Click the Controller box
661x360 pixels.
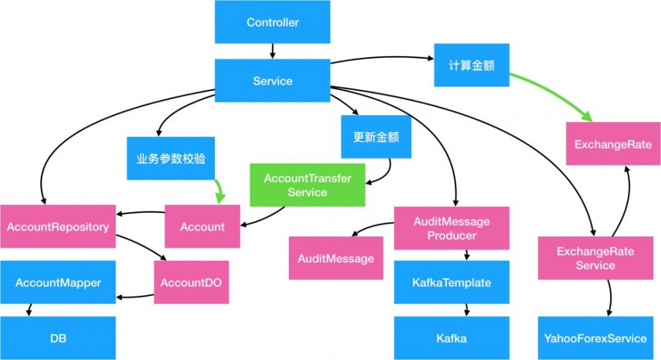[x=272, y=22]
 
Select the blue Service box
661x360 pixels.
[x=272, y=81]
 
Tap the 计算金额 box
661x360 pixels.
[x=471, y=65]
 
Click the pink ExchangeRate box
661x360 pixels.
[x=613, y=145]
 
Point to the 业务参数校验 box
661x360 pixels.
[x=171, y=159]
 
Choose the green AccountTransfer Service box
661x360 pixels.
[x=307, y=185]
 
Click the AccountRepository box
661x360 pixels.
[x=58, y=227]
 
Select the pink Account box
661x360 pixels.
[x=202, y=227]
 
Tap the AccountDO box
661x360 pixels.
[x=191, y=282]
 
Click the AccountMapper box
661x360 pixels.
[x=58, y=283]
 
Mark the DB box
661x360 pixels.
[x=58, y=338]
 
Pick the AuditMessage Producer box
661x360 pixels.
[x=451, y=228]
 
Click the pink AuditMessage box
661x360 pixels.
[x=336, y=258]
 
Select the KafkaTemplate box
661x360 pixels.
[x=451, y=283]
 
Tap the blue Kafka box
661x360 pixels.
[x=451, y=338]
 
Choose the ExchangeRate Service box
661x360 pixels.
[x=595, y=258]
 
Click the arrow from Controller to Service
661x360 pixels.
[x=272, y=51]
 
